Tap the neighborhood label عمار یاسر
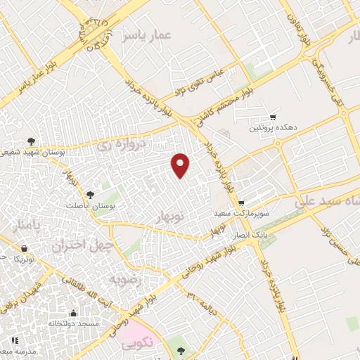coord(146,34)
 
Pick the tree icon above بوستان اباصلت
coord(89,194)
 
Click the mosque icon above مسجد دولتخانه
coord(73,313)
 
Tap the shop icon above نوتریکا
coord(25,248)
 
